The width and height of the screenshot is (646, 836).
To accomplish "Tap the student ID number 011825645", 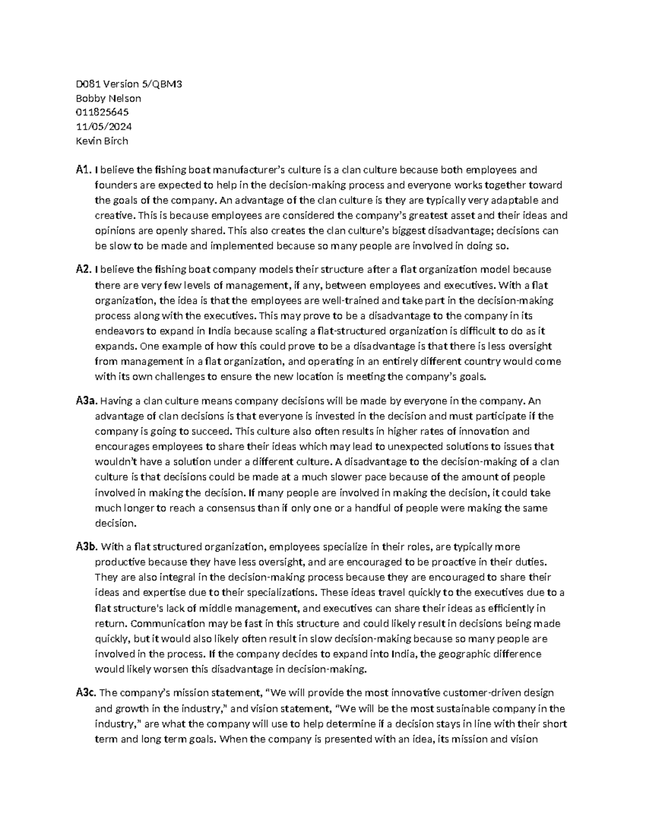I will point(102,112).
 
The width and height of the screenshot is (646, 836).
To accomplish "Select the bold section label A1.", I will point(83,170).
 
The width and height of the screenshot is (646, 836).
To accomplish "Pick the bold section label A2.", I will point(83,269).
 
